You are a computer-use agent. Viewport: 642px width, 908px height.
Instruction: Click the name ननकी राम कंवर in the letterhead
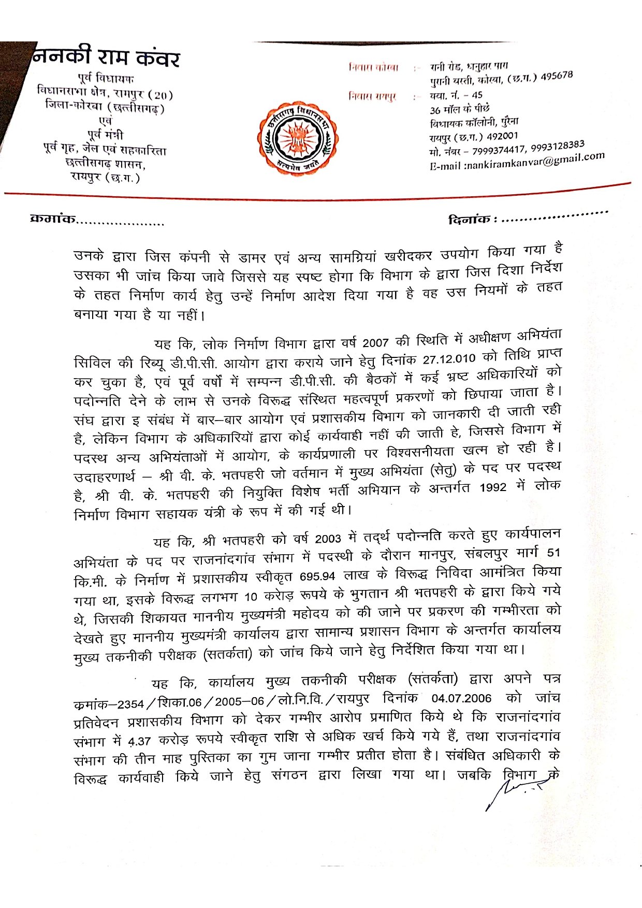[x=107, y=56]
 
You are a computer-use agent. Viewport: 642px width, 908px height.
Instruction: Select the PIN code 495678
[x=557, y=76]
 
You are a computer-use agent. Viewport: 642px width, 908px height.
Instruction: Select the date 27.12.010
[x=449, y=359]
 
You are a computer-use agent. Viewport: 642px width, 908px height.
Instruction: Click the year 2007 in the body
[x=375, y=342]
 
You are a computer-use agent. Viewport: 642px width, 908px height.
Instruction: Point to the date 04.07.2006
[x=461, y=698]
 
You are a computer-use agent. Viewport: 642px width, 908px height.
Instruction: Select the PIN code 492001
[x=502, y=136]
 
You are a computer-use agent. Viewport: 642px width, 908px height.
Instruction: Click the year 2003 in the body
[x=328, y=539]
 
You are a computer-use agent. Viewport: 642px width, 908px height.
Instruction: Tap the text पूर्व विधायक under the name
[x=106, y=79]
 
